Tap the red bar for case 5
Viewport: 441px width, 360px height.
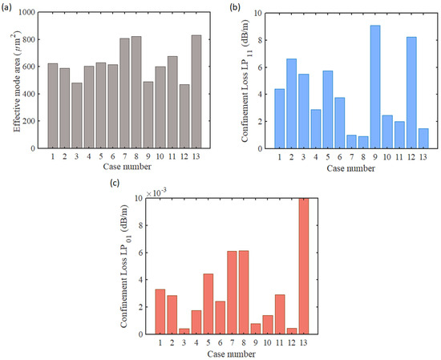click(207, 304)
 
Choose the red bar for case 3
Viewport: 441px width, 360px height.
click(183, 331)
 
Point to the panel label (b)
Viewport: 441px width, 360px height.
click(235, 7)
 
